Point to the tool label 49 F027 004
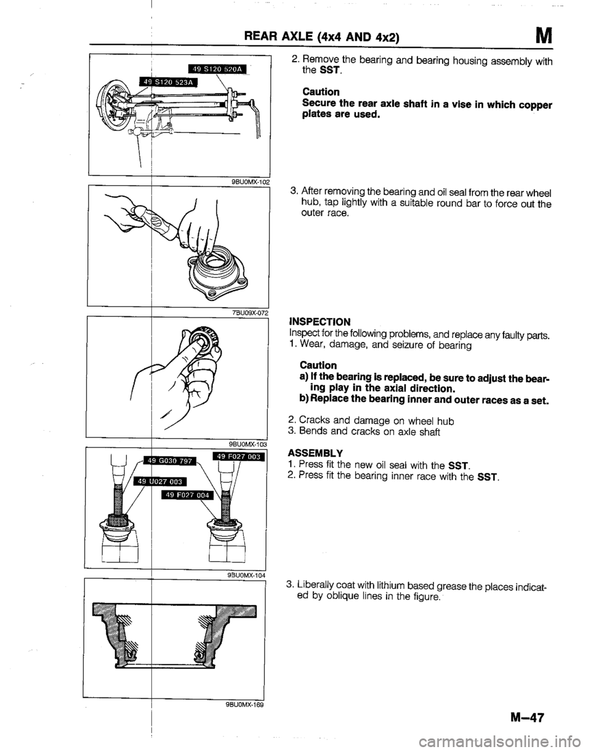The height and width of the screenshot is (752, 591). click(185, 494)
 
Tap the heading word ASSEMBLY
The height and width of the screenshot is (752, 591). click(313, 449)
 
